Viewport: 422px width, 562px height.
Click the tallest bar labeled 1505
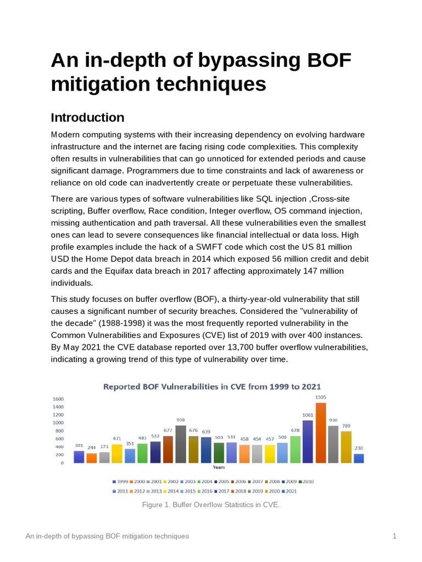(x=320, y=433)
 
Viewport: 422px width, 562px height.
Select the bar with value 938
(x=180, y=444)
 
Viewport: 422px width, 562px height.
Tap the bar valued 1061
(x=308, y=441)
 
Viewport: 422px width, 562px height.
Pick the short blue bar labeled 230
(x=359, y=458)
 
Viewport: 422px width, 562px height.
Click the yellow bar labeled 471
(x=117, y=454)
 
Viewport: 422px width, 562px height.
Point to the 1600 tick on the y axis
(x=58, y=399)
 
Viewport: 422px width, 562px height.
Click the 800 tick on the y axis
(x=58, y=431)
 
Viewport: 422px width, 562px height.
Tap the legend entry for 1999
(x=121, y=481)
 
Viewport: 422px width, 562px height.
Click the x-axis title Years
(x=219, y=467)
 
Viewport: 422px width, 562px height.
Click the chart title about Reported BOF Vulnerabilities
(x=212, y=387)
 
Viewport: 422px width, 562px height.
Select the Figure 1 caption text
(x=211, y=505)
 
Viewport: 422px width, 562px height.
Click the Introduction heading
(x=87, y=117)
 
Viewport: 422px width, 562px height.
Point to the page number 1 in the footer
(x=395, y=536)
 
